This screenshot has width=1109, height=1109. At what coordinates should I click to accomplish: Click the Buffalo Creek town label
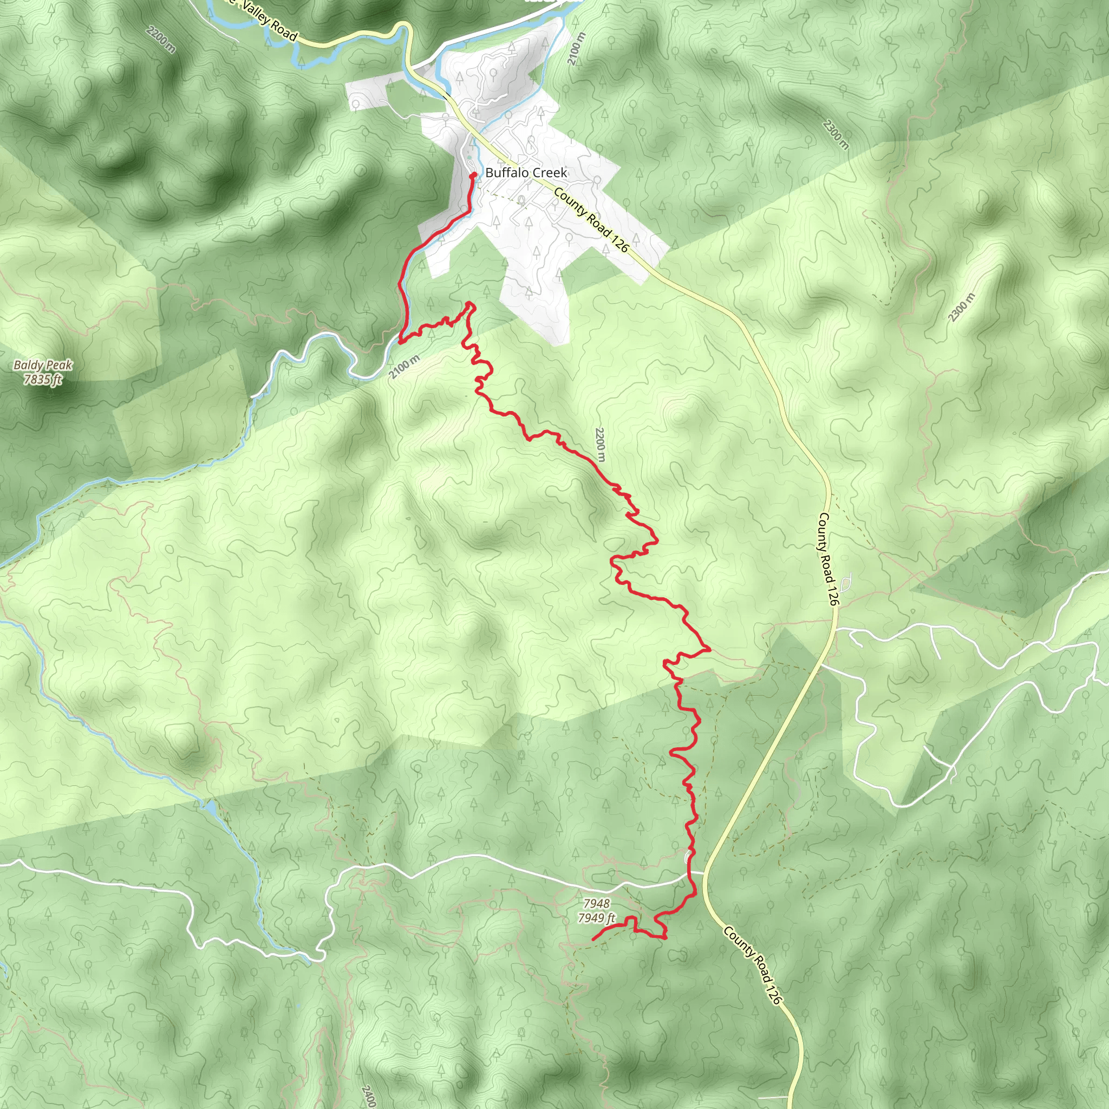coord(526,173)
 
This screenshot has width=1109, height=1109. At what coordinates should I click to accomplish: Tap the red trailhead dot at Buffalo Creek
coord(474,174)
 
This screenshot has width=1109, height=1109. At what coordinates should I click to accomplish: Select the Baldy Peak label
coord(43,365)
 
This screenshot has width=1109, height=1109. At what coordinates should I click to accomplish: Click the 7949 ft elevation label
coord(596,918)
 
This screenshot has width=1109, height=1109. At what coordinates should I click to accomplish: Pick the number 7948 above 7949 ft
coord(596,904)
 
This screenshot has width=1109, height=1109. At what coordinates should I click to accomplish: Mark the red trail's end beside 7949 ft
coord(592,939)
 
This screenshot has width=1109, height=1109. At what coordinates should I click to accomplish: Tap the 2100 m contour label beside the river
coord(404,367)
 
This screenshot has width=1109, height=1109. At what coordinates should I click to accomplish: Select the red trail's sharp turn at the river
coord(400,342)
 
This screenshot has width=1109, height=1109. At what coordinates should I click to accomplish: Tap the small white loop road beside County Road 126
coord(846,584)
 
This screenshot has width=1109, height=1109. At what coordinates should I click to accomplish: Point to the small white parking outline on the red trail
coord(688,857)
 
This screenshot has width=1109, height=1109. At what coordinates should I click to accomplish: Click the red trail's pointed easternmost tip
coord(710,649)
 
